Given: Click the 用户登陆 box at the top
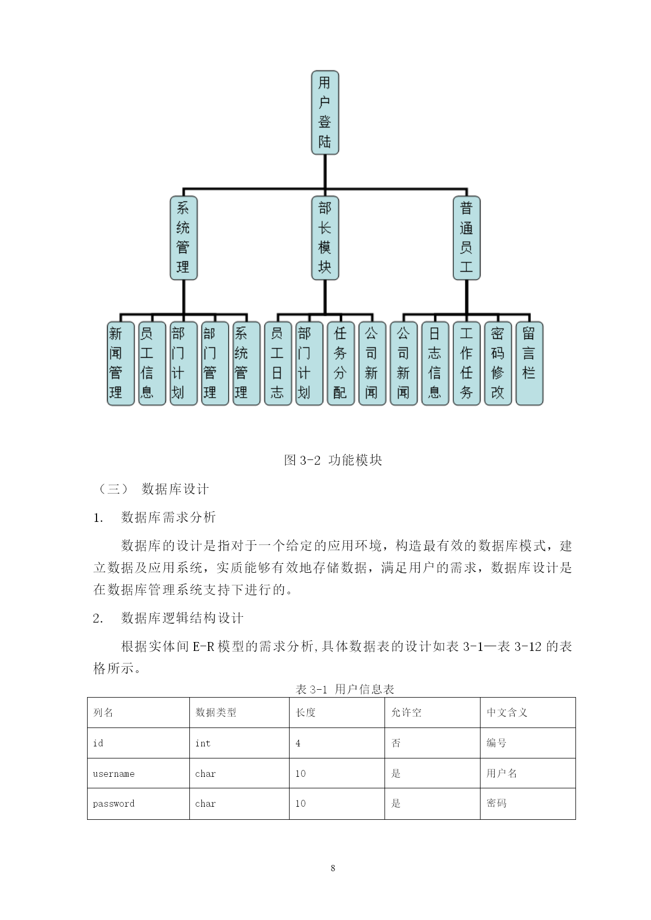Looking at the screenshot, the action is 325,113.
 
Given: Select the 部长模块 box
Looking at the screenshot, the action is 325,238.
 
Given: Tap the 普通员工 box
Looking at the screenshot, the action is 466,238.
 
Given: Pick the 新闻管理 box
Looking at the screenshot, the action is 121,363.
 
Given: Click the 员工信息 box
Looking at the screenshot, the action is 152,363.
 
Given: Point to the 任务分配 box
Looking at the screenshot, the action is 340,363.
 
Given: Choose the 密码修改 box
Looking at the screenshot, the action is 498,363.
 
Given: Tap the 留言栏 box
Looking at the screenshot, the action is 529,363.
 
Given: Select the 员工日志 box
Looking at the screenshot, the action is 278,363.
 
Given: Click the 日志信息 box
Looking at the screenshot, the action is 435,363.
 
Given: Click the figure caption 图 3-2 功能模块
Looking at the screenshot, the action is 333,460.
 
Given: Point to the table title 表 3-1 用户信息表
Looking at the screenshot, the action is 345,689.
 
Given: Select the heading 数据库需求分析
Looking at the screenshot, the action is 168,517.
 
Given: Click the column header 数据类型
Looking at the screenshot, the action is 216,712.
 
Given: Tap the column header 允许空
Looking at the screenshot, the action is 406,712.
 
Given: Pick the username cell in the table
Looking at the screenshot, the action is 114,774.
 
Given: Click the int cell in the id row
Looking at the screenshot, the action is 202,743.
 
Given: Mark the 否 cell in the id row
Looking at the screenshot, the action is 396,743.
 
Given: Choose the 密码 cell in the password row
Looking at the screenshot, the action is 496,803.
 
